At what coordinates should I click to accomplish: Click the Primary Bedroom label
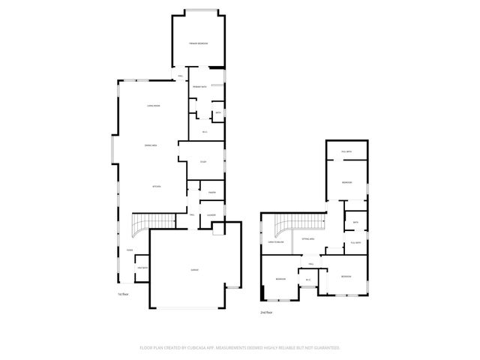point(199,43)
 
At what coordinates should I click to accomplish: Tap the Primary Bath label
point(200,88)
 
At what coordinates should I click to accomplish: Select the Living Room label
point(154,106)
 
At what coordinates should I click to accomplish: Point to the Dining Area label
point(151,145)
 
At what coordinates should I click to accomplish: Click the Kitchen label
point(157,186)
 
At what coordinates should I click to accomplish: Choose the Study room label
point(202,162)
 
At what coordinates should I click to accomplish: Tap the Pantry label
point(212,193)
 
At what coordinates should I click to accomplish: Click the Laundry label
point(212,215)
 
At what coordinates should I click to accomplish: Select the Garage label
point(194,269)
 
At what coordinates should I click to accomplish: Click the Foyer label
point(129,250)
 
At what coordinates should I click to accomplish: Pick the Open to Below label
point(275,242)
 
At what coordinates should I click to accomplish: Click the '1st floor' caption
point(123,295)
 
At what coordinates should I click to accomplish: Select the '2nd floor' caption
point(265,312)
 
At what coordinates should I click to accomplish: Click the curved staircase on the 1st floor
point(142,223)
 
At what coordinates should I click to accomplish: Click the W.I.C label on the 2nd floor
point(307,280)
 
